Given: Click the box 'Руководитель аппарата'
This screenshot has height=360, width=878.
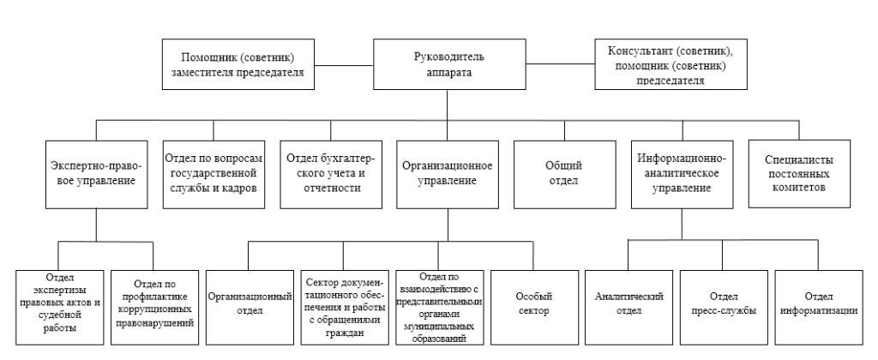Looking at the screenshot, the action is (x=449, y=63).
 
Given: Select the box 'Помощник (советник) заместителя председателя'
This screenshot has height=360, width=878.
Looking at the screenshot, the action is (x=238, y=63).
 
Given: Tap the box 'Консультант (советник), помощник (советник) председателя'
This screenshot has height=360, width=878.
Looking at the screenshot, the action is (x=671, y=63).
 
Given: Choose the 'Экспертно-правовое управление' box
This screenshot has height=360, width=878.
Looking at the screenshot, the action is (x=96, y=174).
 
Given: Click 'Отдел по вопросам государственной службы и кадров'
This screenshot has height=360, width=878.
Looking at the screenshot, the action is (x=213, y=174).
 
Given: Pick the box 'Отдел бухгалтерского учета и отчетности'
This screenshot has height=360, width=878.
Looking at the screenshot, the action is (x=331, y=174).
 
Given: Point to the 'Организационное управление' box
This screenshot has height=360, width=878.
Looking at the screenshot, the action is (x=448, y=174).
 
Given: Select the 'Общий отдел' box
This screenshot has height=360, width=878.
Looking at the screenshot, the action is (x=564, y=174).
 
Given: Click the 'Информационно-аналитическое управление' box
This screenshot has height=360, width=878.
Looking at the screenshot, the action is (x=682, y=174).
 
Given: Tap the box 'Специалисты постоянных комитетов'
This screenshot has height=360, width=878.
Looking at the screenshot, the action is (x=799, y=174).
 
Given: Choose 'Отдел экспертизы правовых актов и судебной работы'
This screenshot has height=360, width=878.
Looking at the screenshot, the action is (x=59, y=308).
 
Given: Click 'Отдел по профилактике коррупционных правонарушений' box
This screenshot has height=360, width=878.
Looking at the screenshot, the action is (x=154, y=308).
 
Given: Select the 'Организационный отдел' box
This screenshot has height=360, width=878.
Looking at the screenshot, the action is (x=250, y=308).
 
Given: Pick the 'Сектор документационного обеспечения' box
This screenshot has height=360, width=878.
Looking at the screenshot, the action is (x=345, y=308).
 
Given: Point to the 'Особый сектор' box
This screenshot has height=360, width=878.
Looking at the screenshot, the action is (x=535, y=308).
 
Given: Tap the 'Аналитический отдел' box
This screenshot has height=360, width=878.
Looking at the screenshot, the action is (x=629, y=308).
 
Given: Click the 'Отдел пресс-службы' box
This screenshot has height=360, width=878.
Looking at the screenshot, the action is (x=725, y=308).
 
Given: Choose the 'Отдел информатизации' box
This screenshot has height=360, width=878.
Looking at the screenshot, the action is (x=819, y=308).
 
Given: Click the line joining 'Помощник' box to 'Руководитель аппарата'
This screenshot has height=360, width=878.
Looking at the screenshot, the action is (x=344, y=64).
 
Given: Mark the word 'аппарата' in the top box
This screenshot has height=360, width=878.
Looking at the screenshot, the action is (x=449, y=72).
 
